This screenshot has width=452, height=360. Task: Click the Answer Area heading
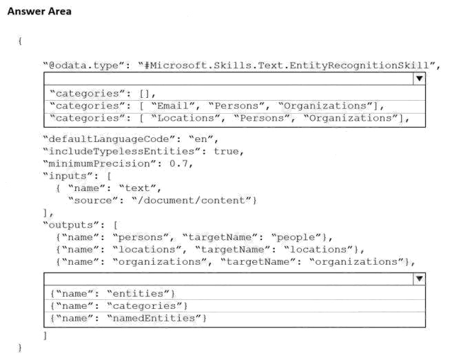39,11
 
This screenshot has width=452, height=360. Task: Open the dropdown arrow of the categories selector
420,79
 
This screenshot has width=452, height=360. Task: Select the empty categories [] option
103,94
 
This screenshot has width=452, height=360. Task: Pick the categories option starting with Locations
229,118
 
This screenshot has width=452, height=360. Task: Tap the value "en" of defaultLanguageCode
201,139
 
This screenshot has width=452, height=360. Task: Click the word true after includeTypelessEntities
226,152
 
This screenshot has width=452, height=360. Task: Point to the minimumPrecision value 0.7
178,163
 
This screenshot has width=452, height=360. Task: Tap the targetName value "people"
296,237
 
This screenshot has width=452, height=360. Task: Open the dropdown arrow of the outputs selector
420,279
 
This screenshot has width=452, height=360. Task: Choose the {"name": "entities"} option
112,294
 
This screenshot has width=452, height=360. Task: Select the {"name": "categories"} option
119,306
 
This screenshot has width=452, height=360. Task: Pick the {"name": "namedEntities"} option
128,318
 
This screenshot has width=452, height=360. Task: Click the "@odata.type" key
84,66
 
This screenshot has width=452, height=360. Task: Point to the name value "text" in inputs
138,188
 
